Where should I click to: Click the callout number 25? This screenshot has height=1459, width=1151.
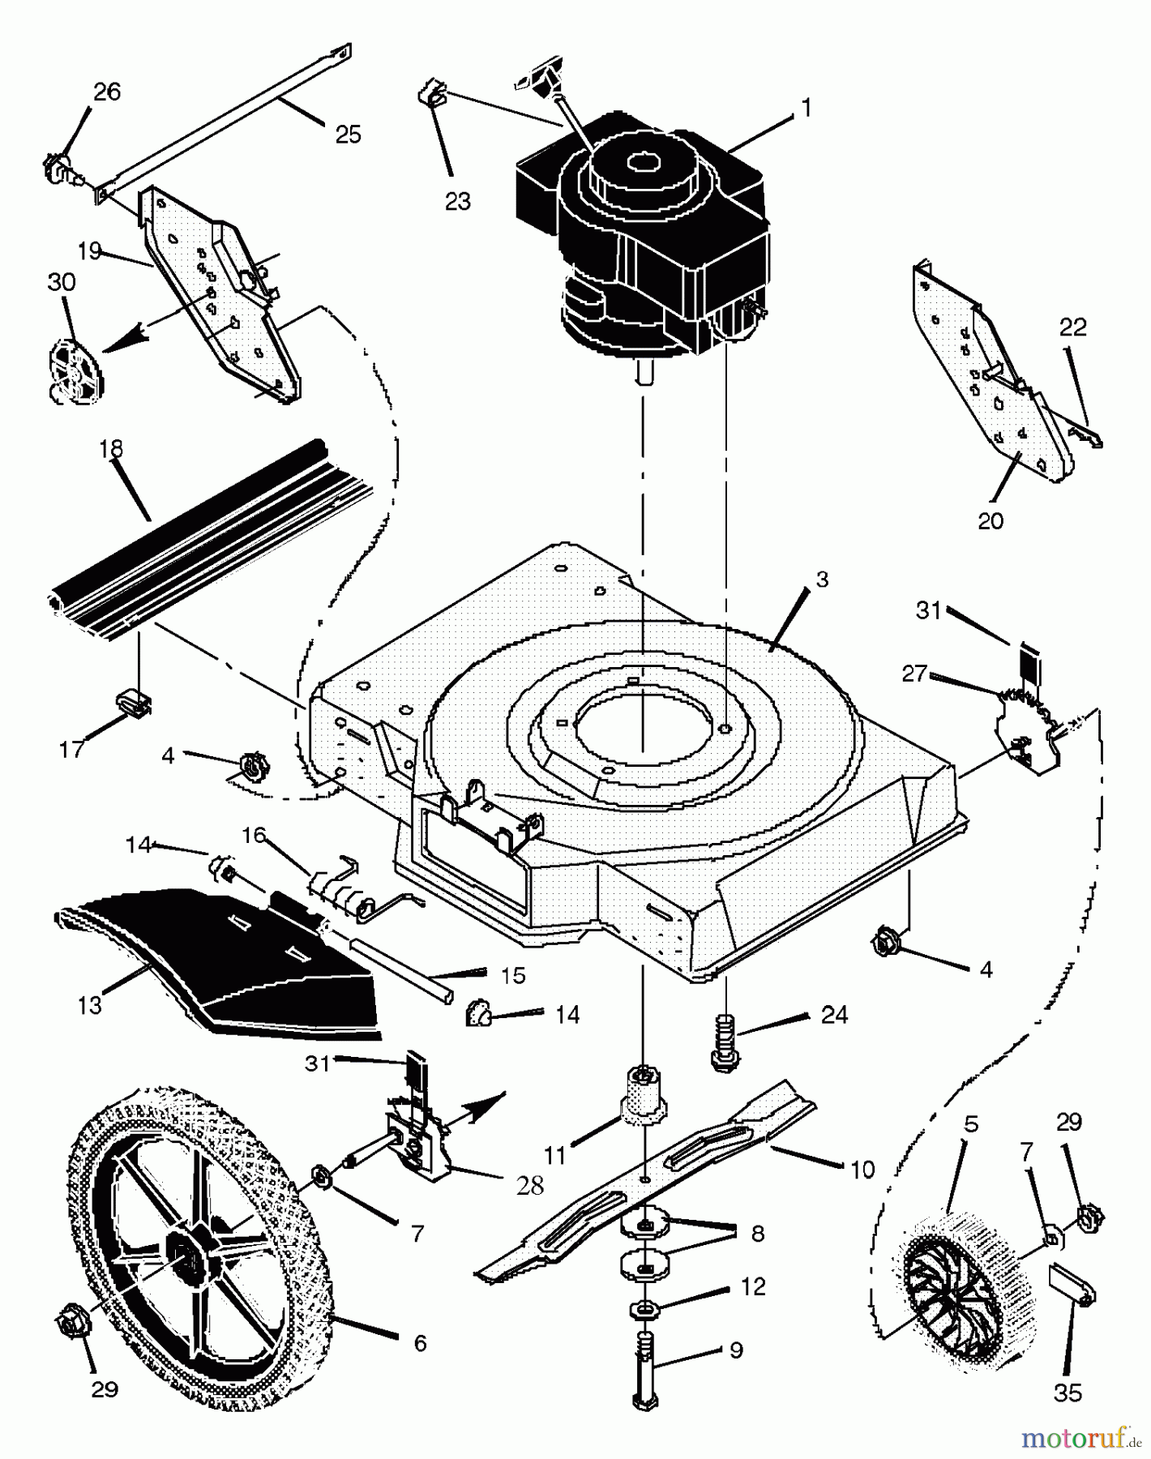point(348,134)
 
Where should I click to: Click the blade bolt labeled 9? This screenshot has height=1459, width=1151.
point(644,1370)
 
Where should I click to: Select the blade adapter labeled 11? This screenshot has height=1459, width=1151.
point(644,1094)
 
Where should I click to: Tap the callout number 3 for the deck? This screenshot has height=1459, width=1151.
point(822,580)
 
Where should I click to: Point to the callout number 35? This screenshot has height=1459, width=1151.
point(1068,1392)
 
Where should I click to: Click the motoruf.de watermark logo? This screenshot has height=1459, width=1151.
point(1078,1439)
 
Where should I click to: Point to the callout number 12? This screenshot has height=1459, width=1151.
point(753,1287)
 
